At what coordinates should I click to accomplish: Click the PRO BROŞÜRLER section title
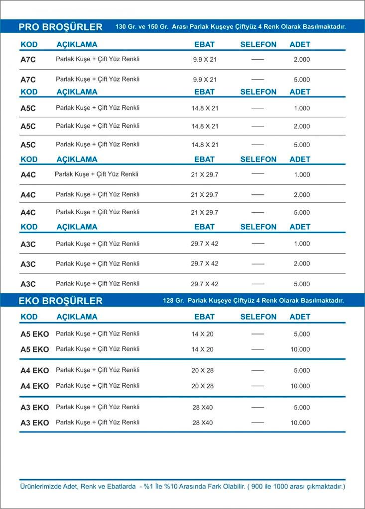pos(60,27)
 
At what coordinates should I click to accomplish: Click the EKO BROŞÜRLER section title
pos(60,301)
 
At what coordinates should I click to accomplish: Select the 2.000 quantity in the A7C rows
pos(302,60)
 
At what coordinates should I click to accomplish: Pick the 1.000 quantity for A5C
pos(302,108)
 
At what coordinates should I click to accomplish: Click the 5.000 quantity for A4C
pos(302,213)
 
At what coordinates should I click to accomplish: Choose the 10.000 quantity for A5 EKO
pos(300,349)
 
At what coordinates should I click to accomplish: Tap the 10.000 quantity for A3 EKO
pos(300,423)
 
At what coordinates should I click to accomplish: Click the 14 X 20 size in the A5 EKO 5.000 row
pos(203,335)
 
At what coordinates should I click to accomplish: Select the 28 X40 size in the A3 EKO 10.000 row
pos(203,423)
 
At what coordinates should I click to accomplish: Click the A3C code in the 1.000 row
pos(28,244)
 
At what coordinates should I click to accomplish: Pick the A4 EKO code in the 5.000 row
pos(35,370)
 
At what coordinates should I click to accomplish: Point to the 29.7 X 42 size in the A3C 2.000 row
pos(205,264)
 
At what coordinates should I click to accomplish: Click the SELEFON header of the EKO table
pos(258,317)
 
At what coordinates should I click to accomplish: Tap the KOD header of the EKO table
pos(29,317)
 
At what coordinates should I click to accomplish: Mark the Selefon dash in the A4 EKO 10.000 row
pos(257,386)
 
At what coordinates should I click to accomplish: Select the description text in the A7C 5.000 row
pos(98,79)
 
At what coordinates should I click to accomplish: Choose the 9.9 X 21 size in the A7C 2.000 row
pos(205,60)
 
